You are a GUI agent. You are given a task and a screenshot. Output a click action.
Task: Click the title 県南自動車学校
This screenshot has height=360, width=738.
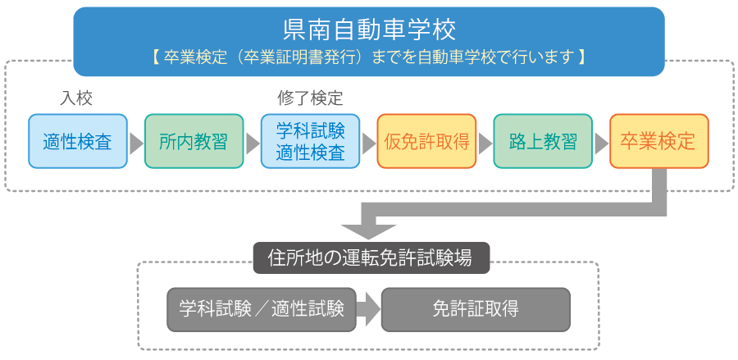pos(368,30)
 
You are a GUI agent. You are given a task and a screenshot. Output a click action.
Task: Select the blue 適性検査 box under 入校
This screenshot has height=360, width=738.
pos(78,141)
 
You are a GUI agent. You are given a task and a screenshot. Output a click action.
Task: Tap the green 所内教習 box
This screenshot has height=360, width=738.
pos(194,141)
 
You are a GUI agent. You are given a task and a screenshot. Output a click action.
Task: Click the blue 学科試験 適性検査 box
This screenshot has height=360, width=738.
pos(310,141)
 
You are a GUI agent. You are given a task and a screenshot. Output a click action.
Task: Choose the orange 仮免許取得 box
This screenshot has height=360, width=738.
pos(426,141)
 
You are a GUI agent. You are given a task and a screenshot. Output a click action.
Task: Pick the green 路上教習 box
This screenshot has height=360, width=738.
pos(542,141)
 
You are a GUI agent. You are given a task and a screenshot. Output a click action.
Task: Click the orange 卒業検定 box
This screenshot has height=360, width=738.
pos(658,141)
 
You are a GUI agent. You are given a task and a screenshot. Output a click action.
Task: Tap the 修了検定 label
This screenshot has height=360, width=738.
pos(310,98)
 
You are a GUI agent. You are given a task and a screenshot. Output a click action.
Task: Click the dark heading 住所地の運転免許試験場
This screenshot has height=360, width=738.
pos(370,257)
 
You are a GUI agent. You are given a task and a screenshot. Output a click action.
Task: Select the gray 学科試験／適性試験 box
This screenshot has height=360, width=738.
pos(262,308)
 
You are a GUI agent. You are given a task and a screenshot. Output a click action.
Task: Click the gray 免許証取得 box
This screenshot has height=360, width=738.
pos(475,308)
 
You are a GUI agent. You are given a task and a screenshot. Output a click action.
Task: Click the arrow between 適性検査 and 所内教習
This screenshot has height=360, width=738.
pos(136,143)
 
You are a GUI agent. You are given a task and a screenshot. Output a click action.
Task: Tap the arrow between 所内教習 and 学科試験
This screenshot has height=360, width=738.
pos(252,143)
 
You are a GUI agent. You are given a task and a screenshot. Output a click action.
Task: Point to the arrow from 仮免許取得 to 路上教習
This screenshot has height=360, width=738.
pos(485,143)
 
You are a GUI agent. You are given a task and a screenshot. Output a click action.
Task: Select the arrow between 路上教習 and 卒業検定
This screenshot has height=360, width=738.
pos(600,143)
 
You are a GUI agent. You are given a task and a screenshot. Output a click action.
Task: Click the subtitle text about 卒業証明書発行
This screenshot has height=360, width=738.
pos(368,58)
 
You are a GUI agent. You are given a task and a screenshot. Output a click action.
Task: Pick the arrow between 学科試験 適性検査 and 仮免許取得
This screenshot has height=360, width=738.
pos(368,143)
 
